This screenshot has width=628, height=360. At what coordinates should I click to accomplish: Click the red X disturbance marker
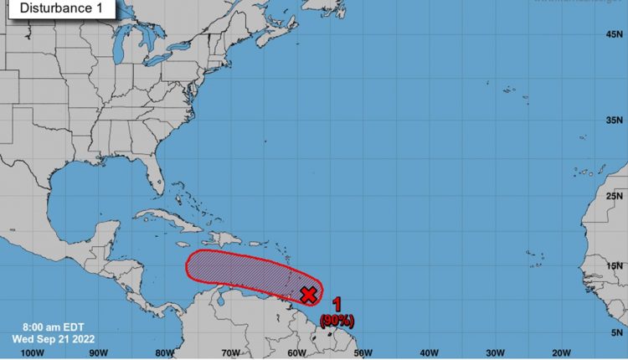tap(308, 294)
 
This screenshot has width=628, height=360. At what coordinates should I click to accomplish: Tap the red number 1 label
tap(337, 306)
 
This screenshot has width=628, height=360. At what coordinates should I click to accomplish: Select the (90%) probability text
tap(337, 320)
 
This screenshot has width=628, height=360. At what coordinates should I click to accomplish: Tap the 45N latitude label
tap(615, 34)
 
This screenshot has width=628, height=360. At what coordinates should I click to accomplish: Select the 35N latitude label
tap(615, 120)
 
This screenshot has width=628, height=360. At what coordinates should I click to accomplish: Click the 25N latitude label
tap(615, 196)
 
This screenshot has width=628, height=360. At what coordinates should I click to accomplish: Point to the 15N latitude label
tap(615, 266)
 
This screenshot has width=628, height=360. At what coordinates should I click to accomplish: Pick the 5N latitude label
tap(617, 332)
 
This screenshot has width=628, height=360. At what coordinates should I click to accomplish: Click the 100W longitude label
tap(32, 352)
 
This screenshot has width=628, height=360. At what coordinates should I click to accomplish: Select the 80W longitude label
tap(165, 352)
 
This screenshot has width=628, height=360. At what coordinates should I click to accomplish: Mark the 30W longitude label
tap(494, 352)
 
